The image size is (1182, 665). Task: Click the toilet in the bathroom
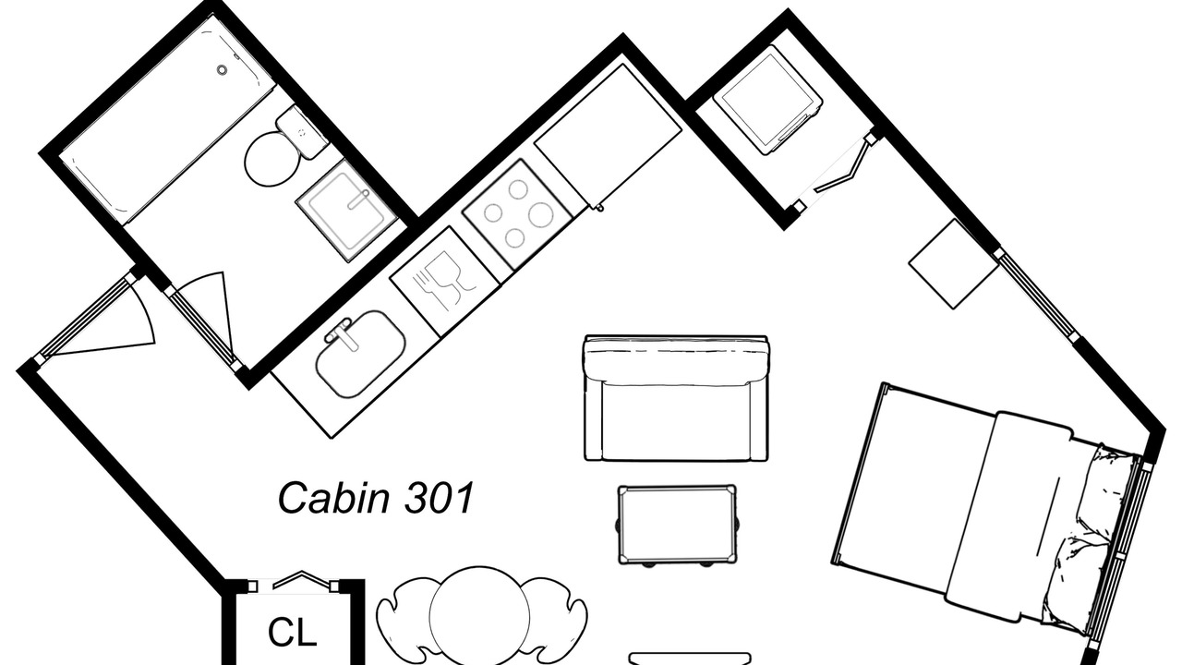click(x=273, y=158)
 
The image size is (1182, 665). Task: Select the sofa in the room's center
click(x=676, y=398)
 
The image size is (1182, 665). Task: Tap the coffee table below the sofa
click(x=677, y=525)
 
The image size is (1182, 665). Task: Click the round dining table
click(x=479, y=614)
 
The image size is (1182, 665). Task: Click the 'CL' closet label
click(x=293, y=632)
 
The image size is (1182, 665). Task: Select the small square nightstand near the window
click(x=953, y=264)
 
